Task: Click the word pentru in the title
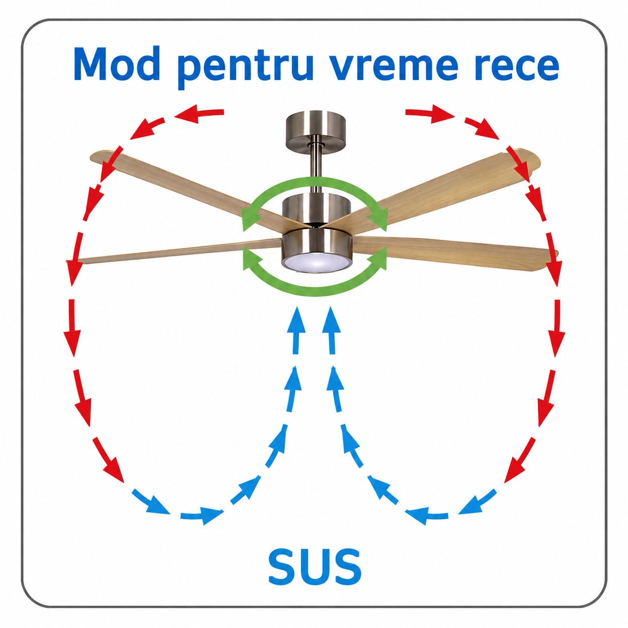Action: [246, 68]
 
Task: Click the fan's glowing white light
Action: [316, 262]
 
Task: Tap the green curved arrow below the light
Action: [315, 291]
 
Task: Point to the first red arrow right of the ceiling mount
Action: [430, 114]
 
